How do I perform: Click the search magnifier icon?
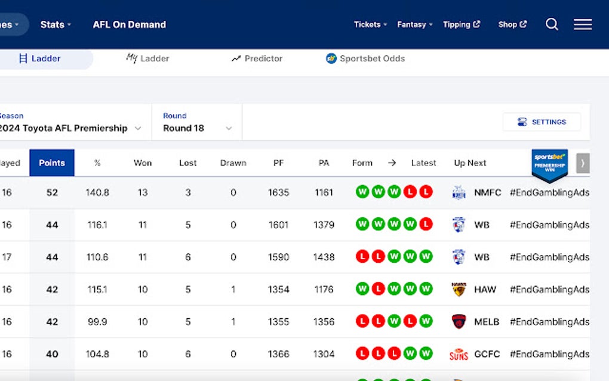[552, 24]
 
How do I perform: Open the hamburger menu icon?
[583, 24]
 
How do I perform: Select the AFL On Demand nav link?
[130, 24]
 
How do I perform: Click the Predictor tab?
[257, 59]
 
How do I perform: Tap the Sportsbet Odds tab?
[365, 59]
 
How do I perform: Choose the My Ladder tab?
[147, 59]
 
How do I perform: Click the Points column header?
[52, 163]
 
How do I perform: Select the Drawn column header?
[233, 163]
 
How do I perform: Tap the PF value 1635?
[278, 193]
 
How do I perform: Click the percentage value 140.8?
[97, 193]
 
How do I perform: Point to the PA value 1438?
[324, 257]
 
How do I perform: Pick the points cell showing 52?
[52, 193]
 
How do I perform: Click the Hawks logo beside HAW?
[459, 290]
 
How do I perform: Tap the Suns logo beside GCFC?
[459, 354]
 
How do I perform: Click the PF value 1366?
[278, 354]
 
